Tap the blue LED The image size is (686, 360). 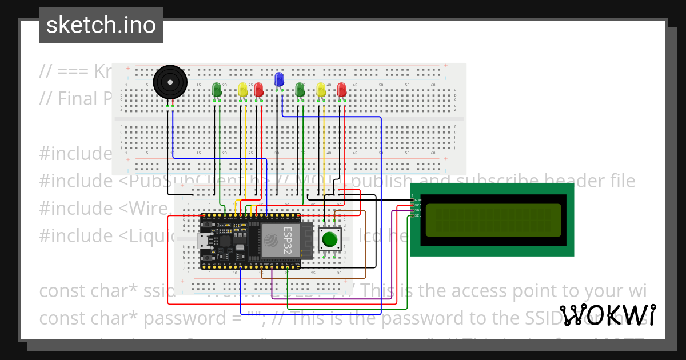(x=279, y=79)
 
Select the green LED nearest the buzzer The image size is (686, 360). (x=217, y=89)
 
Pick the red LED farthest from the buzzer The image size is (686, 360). (x=342, y=89)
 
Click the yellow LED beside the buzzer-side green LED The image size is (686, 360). (x=242, y=89)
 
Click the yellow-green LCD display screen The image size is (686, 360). (x=493, y=220)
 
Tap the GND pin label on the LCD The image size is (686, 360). (x=417, y=200)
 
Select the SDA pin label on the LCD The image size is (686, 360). (x=417, y=210)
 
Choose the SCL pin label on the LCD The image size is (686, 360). (x=417, y=215)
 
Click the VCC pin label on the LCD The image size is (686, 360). (x=417, y=205)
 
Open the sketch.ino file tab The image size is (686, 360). (x=101, y=25)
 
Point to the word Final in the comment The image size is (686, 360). (x=77, y=98)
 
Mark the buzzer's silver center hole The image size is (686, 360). (x=170, y=82)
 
